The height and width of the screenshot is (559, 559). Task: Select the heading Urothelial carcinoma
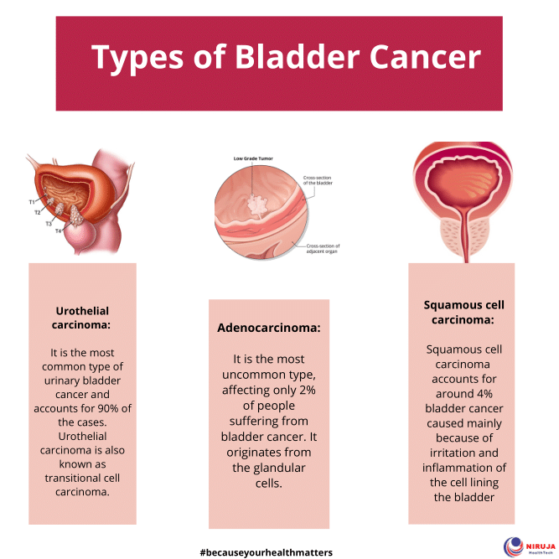click(x=82, y=318)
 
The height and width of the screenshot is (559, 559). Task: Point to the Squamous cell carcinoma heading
click(x=463, y=312)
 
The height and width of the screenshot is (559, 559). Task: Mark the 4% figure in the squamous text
click(x=481, y=393)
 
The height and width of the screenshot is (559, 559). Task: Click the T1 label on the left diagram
click(x=32, y=202)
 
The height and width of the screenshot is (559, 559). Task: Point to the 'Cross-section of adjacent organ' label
click(x=322, y=247)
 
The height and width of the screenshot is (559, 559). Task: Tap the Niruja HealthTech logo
click(x=527, y=546)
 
